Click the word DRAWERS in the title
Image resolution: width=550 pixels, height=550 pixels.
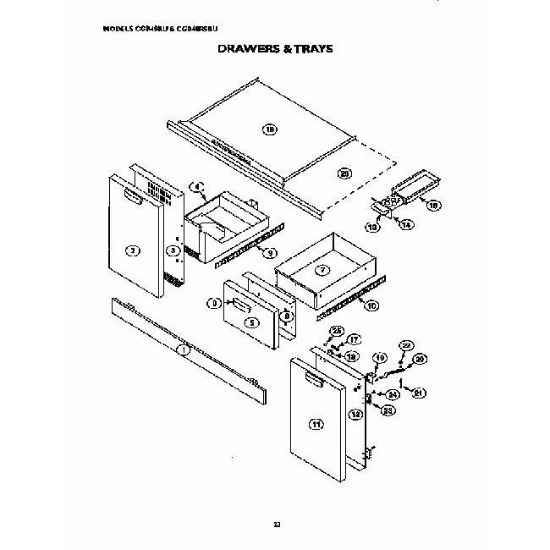pos(245,49)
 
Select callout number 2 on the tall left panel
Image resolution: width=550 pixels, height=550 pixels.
pos(132,250)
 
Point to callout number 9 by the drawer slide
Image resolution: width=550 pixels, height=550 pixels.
pos(270,252)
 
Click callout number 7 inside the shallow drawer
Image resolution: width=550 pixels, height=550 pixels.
pos(321,271)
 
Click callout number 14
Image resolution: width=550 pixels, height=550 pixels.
pos(405,225)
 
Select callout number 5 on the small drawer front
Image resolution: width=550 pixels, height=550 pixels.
pos(250,322)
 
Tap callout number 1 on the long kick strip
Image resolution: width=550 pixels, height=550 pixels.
pos(183,349)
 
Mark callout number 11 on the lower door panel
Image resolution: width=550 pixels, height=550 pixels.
pos(316,425)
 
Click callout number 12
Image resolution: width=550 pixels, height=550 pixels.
pos(357,414)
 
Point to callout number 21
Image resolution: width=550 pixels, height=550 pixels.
pos(417,393)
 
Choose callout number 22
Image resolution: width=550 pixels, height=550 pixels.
pos(406,346)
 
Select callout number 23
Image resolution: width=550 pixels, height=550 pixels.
pos(389,410)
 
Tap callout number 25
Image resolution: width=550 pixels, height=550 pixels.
pos(335,330)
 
